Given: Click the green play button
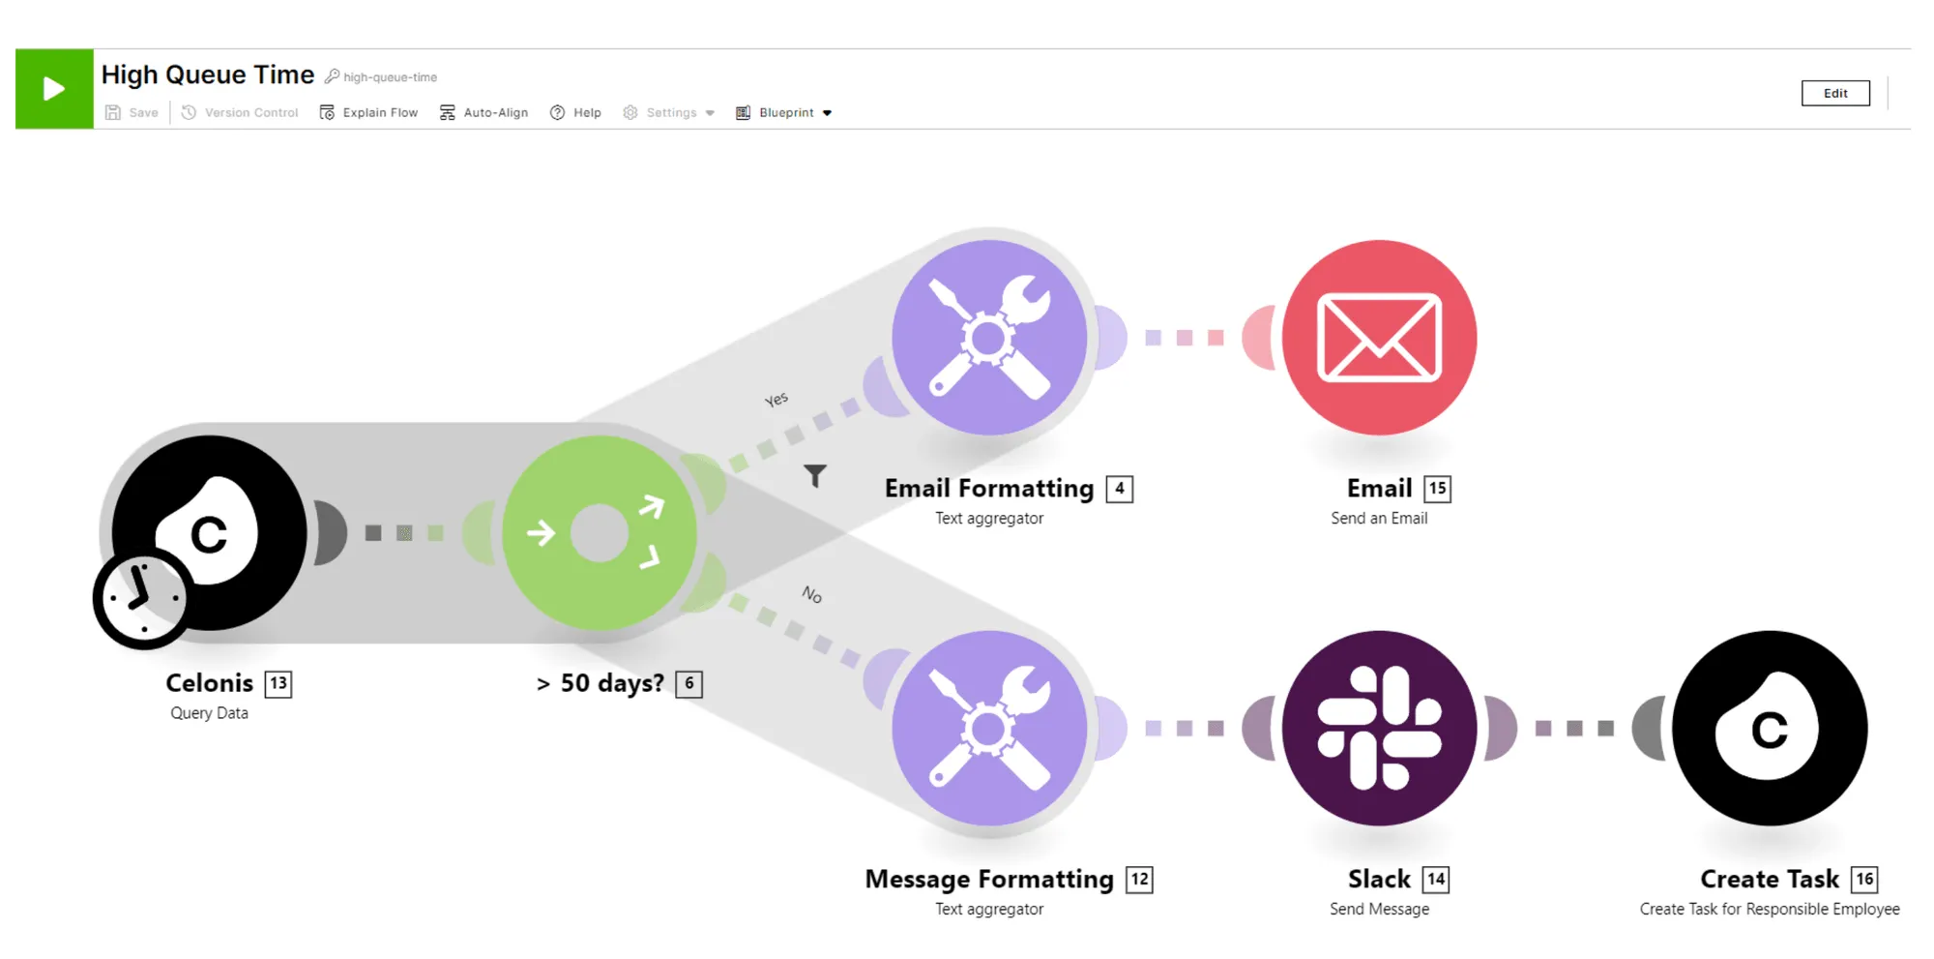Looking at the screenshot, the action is coord(54,89).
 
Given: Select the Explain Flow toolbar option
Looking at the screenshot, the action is coord(368,113).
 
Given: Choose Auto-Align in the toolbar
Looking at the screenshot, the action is coord(483,113).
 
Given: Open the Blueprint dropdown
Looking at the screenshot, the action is coord(784,113).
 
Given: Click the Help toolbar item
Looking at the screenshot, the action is coord(575,113).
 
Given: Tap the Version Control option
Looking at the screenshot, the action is coord(240,113).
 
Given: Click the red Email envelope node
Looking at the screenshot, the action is coord(1379,338).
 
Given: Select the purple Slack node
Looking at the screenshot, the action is coord(1379,728).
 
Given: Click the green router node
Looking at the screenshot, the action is coord(600,533).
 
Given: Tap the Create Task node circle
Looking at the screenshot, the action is coord(1770,728).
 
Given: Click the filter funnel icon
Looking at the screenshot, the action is coord(815,475).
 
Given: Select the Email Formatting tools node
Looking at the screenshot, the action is coord(989,338).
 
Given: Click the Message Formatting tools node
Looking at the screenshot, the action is coord(989,728).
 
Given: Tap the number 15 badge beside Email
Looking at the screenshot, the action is coord(1438,489).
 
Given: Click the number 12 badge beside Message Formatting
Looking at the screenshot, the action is coord(1140,880).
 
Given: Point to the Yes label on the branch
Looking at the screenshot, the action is coord(777,400).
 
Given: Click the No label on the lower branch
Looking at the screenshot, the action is coord(812,594).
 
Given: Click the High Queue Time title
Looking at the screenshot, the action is coord(208,75).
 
